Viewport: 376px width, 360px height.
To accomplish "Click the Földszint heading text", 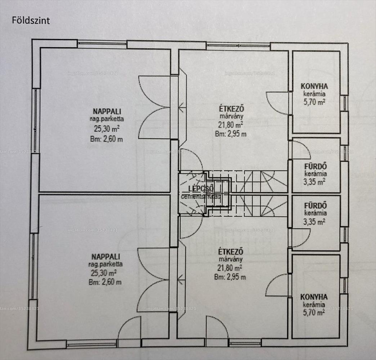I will pos(31,20).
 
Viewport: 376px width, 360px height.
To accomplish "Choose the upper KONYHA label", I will pos(314,86).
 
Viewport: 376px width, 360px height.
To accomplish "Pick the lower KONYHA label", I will pos(314,297).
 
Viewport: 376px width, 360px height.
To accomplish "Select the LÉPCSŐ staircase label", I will pos(201,188).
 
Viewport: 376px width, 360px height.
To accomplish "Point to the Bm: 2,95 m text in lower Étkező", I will pos(230,277).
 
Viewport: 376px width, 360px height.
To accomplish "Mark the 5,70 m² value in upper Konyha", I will pos(314,102).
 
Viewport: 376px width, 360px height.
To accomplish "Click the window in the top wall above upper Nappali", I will pos(102,44).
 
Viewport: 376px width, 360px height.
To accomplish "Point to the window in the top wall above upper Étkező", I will pos(238,45).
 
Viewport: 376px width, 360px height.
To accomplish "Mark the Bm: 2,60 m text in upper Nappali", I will pos(106,139).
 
